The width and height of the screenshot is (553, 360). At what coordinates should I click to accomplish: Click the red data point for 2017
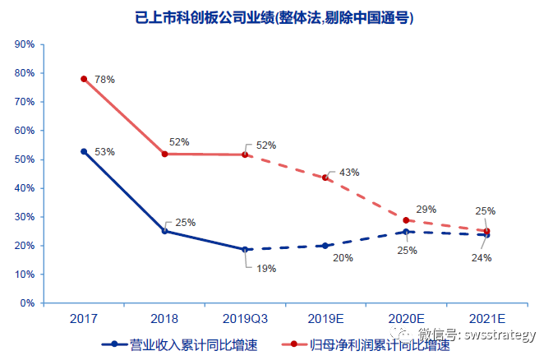click(x=84, y=79)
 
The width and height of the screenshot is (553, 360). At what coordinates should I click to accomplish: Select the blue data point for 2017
click(x=84, y=151)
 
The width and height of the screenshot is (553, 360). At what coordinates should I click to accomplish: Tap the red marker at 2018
click(x=164, y=154)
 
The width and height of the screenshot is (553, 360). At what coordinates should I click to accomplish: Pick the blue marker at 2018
click(x=164, y=231)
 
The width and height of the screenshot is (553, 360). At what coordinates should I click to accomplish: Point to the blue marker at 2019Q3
click(x=245, y=249)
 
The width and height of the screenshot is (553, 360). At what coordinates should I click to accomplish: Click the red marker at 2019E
click(x=325, y=178)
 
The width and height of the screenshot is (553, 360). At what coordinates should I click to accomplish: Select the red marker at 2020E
click(x=406, y=220)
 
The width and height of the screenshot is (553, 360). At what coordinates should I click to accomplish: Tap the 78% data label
click(x=104, y=80)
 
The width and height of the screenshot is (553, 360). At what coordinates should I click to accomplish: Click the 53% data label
click(x=104, y=152)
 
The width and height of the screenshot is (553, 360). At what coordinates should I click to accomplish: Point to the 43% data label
click(x=349, y=173)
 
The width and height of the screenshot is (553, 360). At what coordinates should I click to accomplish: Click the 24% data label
click(x=482, y=257)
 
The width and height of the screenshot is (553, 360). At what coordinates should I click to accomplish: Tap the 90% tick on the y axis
click(x=23, y=44)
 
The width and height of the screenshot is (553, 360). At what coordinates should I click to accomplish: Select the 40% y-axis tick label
click(x=23, y=188)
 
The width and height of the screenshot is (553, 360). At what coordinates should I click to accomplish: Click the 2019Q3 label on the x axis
click(x=245, y=316)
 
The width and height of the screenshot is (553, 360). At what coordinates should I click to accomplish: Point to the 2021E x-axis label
click(x=486, y=316)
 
